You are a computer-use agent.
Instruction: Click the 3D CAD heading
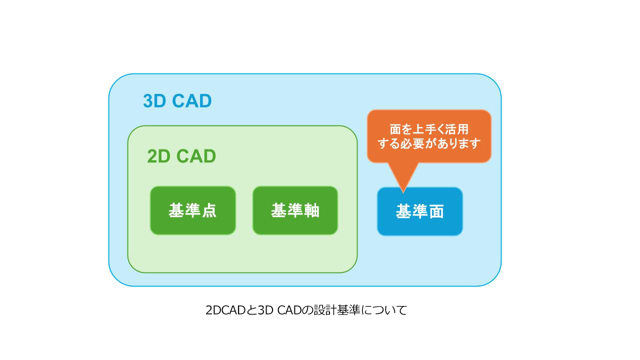pos(177,101)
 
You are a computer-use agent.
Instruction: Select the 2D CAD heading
pos(181,156)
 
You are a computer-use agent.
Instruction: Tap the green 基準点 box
pos(193,210)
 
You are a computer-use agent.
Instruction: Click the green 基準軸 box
pos(295,210)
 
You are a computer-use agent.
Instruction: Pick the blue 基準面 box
pos(419,211)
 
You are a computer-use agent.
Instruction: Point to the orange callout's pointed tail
pos(403,192)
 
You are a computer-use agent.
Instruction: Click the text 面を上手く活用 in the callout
pos(429,129)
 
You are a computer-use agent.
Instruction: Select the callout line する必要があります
pos(429,143)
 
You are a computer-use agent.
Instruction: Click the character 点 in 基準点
pos(209,210)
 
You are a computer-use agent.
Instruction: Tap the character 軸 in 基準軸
pos(311,210)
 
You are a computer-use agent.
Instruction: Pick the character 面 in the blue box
pos(436,211)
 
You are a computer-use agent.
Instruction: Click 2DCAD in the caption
pos(225,310)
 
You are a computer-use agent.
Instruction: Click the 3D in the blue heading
pos(154,101)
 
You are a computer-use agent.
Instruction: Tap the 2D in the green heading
pos(158,156)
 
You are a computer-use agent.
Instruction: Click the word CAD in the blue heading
pos(191,101)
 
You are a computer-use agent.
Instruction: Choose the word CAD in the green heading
pos(196,156)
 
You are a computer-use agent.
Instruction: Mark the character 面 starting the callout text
pos(395,129)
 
